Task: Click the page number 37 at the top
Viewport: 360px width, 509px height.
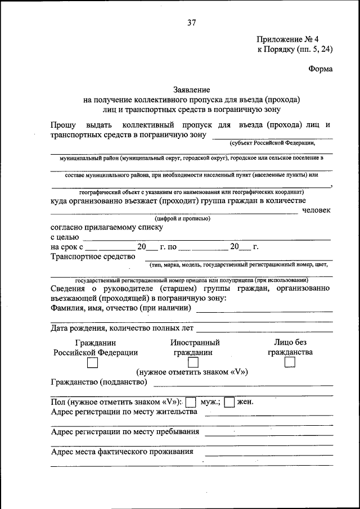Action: pyautogui.click(x=191, y=22)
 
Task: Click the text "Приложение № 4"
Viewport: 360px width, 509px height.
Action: pyautogui.click(x=287, y=39)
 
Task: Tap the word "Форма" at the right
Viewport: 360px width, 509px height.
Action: pyautogui.click(x=320, y=69)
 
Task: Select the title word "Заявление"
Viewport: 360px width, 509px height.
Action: pyautogui.click(x=191, y=90)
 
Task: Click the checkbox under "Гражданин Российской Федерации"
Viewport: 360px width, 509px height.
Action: pyautogui.click(x=93, y=363)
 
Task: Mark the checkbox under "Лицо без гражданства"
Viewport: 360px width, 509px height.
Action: pyautogui.click(x=290, y=363)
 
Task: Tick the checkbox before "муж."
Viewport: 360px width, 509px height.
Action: pyautogui.click(x=191, y=402)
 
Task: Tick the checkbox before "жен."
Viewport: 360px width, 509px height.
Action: pyautogui.click(x=229, y=402)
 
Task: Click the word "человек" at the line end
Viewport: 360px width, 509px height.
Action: pyautogui.click(x=316, y=210)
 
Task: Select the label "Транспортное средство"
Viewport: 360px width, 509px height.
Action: pyautogui.click(x=93, y=256)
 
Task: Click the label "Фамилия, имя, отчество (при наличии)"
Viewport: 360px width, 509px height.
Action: pyautogui.click(x=121, y=308)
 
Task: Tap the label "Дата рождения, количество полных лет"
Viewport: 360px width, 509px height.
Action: pyautogui.click(x=122, y=328)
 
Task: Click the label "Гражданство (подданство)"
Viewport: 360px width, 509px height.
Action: pyautogui.click(x=99, y=382)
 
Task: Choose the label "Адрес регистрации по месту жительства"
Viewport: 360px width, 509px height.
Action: pyautogui.click(x=124, y=412)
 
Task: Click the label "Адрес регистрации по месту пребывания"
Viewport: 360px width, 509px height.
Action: pyautogui.click(x=125, y=432)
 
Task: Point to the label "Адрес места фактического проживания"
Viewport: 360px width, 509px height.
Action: pyautogui.click(x=122, y=452)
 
